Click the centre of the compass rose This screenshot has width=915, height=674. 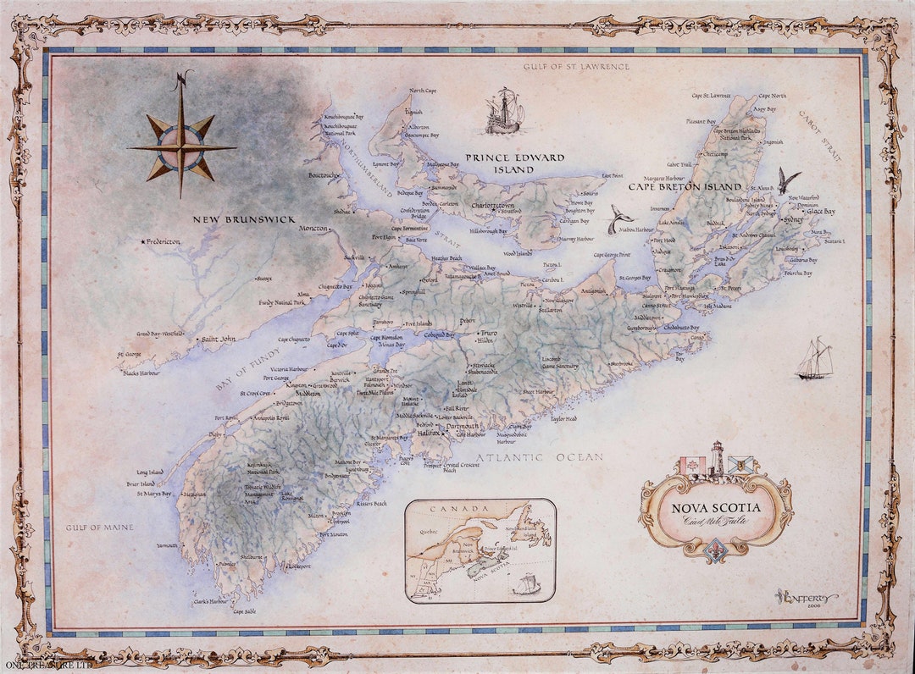(180, 147)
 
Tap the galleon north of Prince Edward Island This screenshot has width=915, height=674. (503, 112)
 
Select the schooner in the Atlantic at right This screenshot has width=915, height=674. (814, 359)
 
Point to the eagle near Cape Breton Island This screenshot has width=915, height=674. (789, 180)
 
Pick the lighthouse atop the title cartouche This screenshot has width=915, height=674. (717, 459)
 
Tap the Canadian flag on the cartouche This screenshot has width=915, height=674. (693, 467)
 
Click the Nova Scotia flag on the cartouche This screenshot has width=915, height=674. (740, 466)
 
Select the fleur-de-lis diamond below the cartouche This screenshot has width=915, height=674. (716, 549)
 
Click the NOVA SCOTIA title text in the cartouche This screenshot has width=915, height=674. (716, 508)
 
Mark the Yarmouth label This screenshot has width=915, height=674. (167, 546)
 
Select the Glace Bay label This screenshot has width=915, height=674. (819, 211)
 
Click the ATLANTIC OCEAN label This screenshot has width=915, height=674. (539, 458)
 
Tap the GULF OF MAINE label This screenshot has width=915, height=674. (100, 528)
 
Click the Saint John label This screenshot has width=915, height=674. (215, 339)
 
